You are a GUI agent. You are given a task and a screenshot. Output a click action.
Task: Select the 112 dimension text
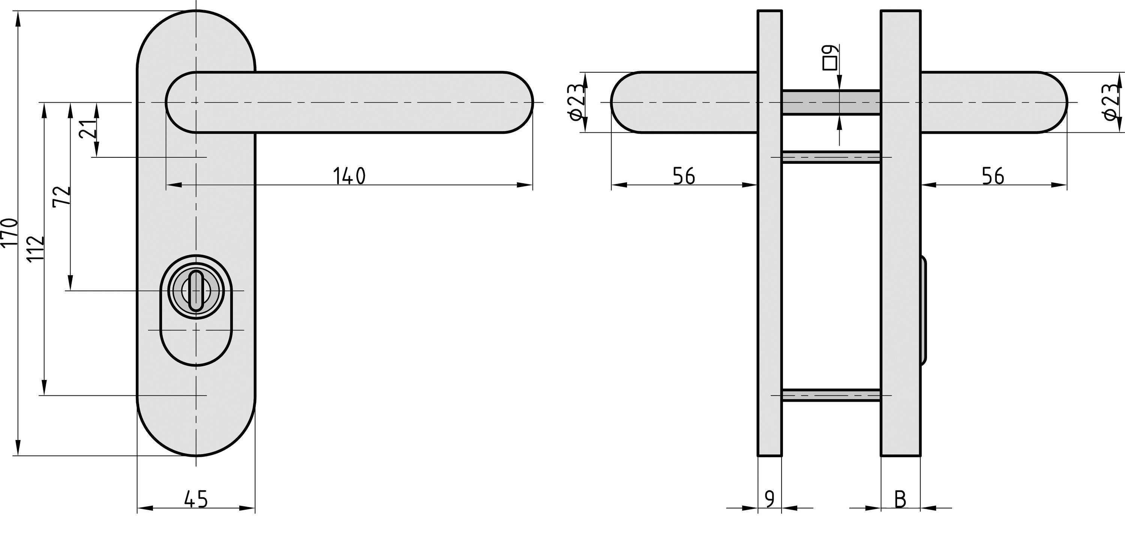click(x=36, y=248)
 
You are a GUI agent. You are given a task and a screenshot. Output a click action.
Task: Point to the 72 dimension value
click(x=61, y=196)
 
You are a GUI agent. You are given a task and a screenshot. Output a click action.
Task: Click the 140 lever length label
click(x=349, y=176)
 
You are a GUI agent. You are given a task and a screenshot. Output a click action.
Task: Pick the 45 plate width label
click(x=196, y=499)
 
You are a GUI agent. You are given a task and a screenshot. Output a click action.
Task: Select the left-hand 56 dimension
click(x=684, y=176)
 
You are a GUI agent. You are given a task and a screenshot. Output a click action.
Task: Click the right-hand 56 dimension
click(x=993, y=176)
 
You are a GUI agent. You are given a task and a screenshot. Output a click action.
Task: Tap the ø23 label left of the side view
click(x=576, y=102)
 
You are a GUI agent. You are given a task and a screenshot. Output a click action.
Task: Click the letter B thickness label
click(x=900, y=499)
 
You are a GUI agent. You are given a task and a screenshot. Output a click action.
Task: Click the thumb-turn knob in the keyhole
click(x=196, y=290)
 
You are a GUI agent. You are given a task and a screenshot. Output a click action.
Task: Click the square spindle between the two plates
click(x=831, y=102)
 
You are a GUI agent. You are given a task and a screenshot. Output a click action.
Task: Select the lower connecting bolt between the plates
click(x=831, y=395)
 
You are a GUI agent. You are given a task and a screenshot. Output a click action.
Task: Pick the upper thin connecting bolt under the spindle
click(x=831, y=157)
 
